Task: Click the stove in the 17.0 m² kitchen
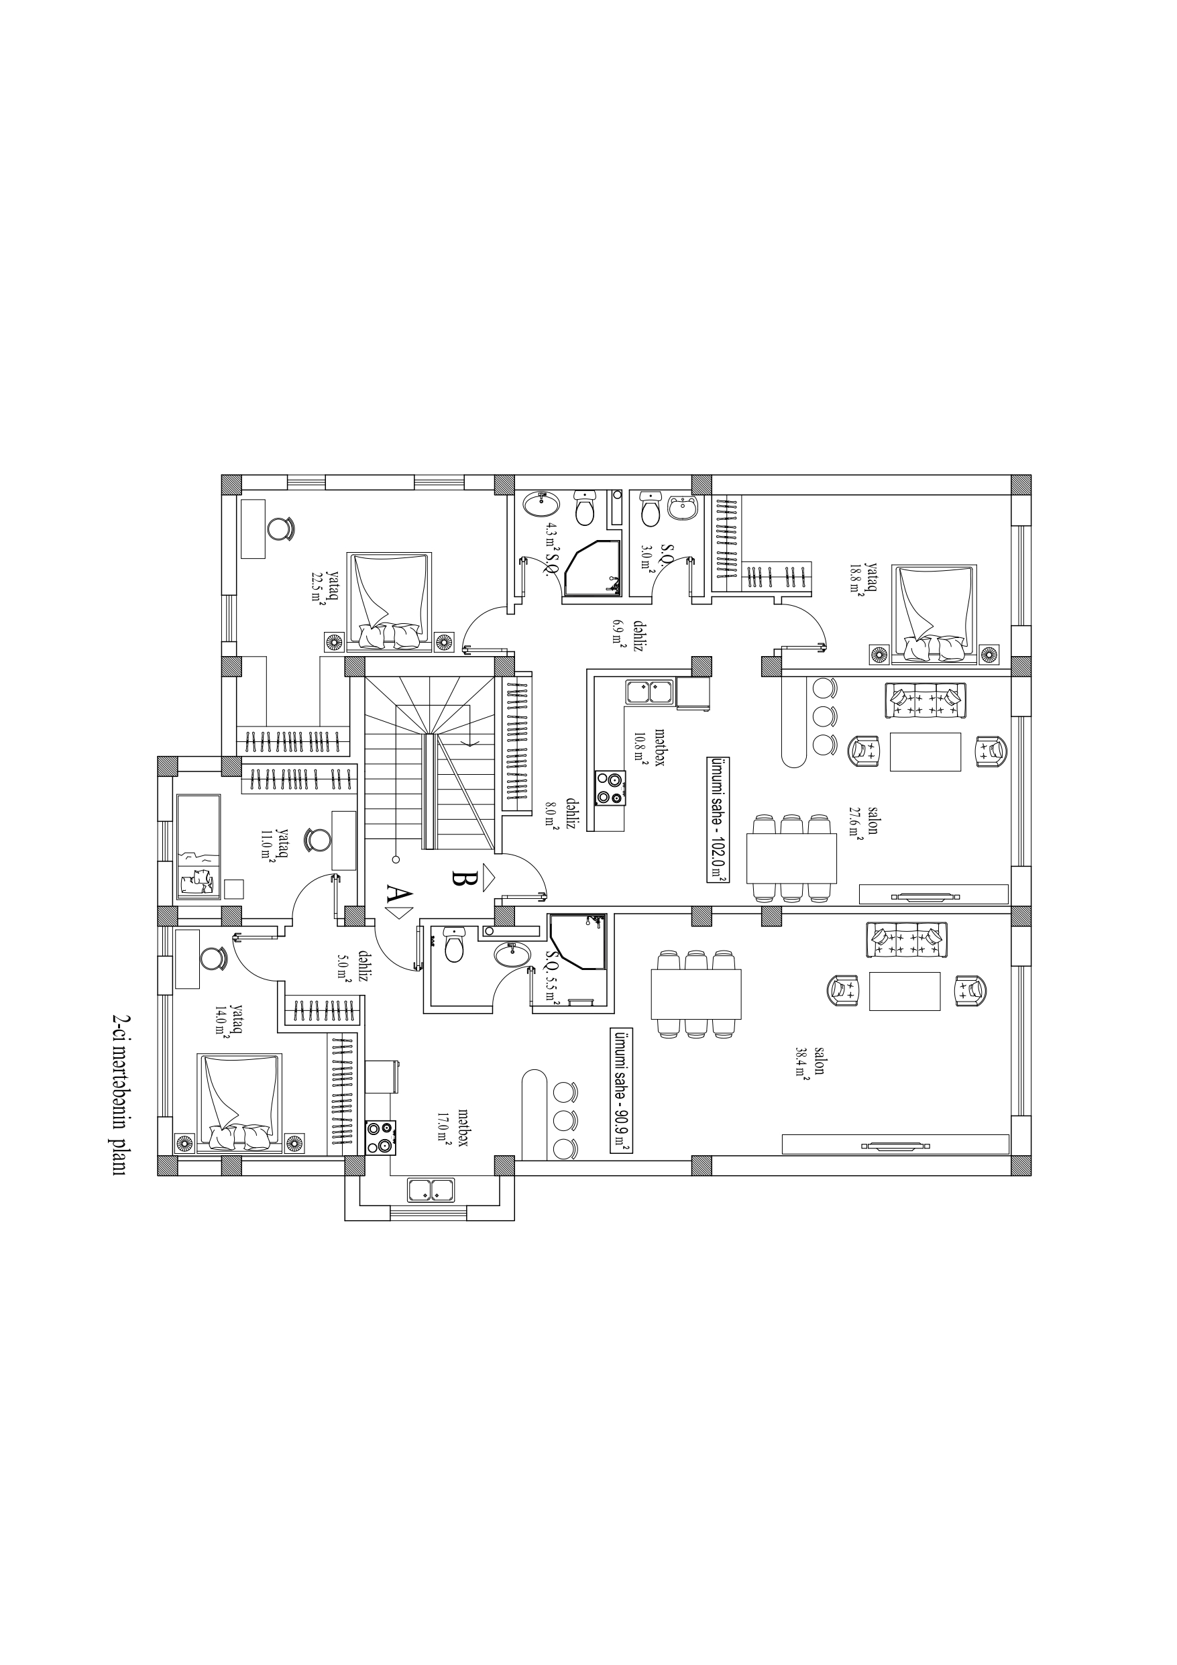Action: [380, 1137]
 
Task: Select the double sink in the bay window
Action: [431, 1190]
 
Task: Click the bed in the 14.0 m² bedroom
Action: [239, 1102]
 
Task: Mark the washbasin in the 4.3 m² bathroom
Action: [541, 503]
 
